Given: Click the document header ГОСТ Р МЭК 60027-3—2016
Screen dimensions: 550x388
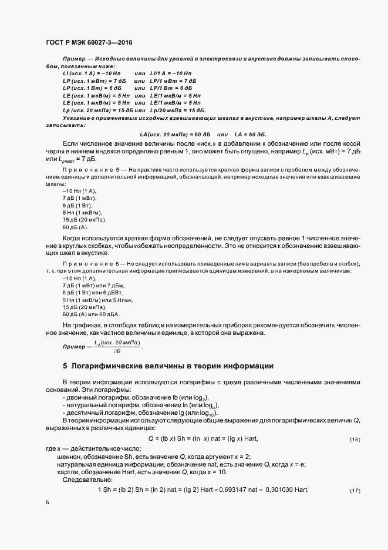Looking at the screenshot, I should pyautogui.click(x=88, y=42).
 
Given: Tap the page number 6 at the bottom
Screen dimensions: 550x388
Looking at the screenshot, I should pyautogui.click(x=47, y=503).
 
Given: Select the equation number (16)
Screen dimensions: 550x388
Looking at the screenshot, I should pyautogui.click(x=355, y=440).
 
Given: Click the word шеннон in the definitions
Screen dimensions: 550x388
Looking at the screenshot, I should pyautogui.click(x=69, y=457).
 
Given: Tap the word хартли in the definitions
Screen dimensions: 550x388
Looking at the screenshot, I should pyautogui.click(x=67, y=472).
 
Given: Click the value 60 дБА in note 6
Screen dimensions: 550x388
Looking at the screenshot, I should pyautogui.click(x=107, y=314).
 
